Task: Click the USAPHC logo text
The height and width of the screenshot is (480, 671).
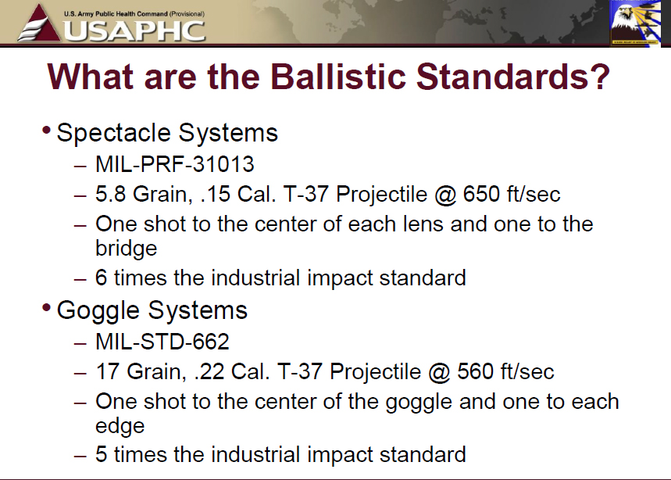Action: point(135,30)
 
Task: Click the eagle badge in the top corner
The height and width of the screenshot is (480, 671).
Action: point(636,22)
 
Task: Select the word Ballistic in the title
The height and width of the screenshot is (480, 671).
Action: point(337,77)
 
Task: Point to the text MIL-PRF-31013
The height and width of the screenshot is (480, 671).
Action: point(175,164)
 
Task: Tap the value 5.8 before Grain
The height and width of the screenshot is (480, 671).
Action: point(110,194)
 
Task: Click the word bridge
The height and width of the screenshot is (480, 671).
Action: point(127,249)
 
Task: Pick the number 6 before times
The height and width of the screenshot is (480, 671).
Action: point(101,278)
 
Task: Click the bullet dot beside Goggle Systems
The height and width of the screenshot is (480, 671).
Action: point(47,308)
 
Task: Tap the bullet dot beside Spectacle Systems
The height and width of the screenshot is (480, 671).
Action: point(47,131)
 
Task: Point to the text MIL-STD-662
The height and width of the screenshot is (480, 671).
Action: point(162,342)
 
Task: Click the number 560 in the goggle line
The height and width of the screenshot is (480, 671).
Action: point(476,371)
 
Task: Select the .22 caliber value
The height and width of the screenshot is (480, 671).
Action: point(209,371)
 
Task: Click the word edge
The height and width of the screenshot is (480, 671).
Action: point(120,425)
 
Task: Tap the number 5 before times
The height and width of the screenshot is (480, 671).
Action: point(101,454)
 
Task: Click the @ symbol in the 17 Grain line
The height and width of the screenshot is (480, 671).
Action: point(440,371)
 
